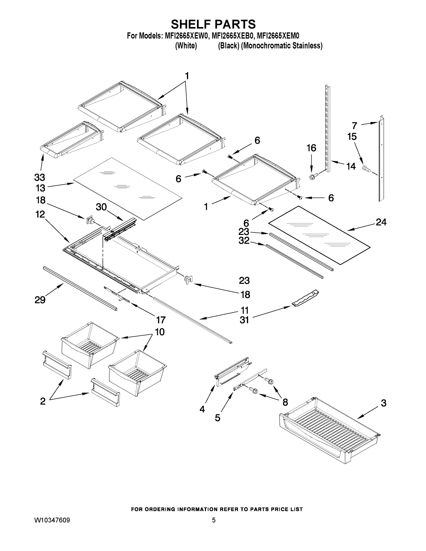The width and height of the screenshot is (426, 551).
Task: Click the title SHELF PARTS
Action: pos(213,25)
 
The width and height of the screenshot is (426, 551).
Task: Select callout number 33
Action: pos(40,177)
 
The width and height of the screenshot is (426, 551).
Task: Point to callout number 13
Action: pos(40,188)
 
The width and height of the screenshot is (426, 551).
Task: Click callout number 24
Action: pos(381,222)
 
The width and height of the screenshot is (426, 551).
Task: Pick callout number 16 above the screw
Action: pos(311,148)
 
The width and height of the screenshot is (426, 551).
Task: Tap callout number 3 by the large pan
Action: pos(383,403)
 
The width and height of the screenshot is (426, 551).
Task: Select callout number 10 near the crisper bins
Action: pos(160,332)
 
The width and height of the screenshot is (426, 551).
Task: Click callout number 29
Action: pos(40,300)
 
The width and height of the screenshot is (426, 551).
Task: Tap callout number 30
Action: pos(101,207)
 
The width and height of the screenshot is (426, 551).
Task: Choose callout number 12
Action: pos(40,214)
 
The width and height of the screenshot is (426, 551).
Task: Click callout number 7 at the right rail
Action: pos(355,125)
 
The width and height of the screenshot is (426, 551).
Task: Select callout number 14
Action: pos(351,166)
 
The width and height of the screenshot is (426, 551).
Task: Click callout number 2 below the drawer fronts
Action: pos(43,401)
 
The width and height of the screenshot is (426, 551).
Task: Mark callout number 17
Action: pos(161,320)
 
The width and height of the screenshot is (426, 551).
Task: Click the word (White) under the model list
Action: pos(186,46)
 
